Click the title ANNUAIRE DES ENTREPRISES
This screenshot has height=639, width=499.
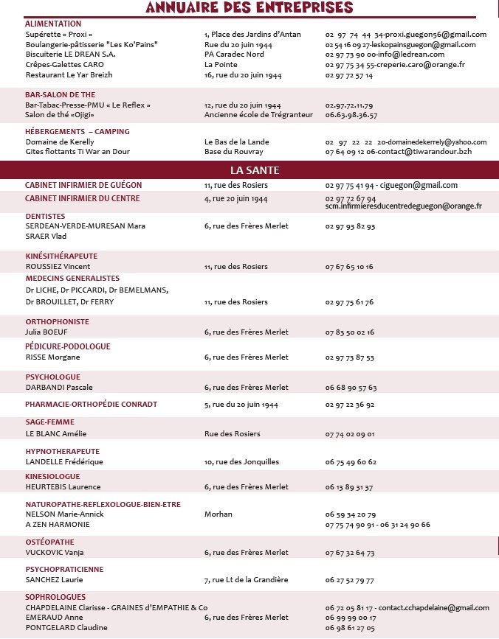click(250, 8)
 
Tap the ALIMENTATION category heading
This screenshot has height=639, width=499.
click(53, 24)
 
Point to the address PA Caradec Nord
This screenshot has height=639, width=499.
click(234, 55)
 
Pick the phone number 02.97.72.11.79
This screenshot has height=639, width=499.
click(348, 105)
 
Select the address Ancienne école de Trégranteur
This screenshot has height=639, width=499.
click(258, 115)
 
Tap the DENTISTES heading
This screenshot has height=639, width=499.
click(46, 216)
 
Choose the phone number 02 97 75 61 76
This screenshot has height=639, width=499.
click(349, 302)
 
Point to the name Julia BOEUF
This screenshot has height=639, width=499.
click(47, 332)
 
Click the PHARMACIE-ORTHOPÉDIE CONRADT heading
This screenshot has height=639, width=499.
click(91, 405)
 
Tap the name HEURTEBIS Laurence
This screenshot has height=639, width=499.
click(63, 487)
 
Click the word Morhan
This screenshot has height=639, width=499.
click(218, 514)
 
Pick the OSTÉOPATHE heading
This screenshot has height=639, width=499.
click(49, 542)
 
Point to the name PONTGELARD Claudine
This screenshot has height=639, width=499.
click(66, 628)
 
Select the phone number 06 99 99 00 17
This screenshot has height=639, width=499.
click(350, 618)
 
